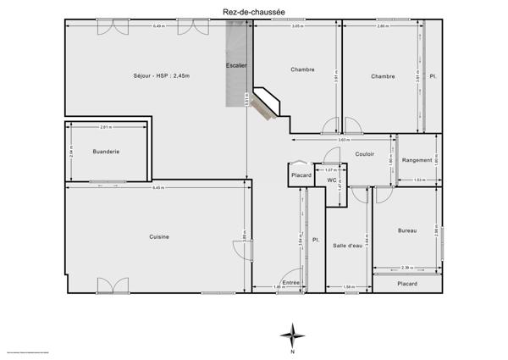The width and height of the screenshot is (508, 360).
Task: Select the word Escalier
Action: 236,65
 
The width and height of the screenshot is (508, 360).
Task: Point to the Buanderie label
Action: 106,152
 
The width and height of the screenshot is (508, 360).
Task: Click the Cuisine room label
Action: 159,237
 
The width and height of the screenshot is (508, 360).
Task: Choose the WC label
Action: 333,180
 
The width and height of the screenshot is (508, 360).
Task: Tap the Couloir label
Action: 365,154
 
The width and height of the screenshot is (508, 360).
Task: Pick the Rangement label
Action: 417,160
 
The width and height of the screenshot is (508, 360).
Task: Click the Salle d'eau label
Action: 347,246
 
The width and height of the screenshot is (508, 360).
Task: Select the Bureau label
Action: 407,230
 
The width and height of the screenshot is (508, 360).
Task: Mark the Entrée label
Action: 290,282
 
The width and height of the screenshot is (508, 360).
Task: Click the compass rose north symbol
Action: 292,335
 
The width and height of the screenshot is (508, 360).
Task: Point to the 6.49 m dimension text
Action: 158,26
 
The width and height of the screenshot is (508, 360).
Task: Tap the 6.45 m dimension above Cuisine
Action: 158,187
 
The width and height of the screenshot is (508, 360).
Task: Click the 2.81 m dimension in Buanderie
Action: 105,127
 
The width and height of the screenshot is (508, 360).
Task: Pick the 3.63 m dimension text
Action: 343,140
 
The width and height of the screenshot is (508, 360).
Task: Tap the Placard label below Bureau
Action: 407,284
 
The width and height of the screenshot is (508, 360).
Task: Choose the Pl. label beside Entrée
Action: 315,240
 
